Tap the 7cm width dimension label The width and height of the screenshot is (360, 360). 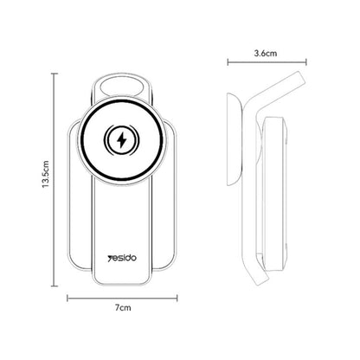tap(124, 306)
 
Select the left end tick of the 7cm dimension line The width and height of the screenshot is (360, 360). tap(68, 298)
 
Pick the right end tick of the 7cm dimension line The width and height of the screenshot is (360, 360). tap(177, 298)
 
